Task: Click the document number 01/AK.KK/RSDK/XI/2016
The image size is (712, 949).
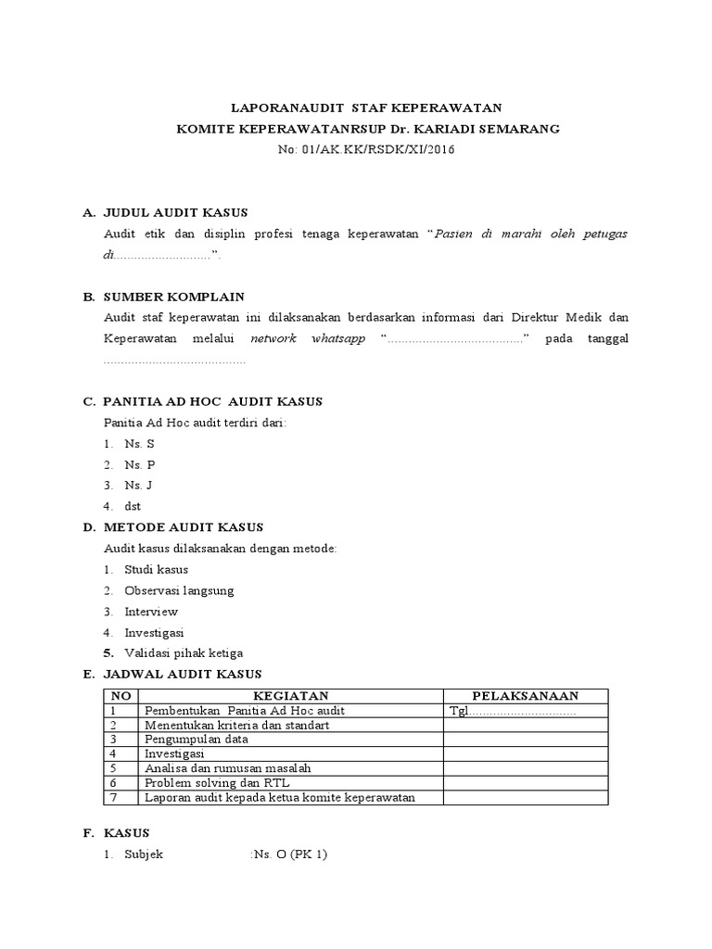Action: tap(380, 149)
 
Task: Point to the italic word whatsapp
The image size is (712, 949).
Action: tap(338, 338)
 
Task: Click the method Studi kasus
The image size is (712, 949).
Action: tap(156, 569)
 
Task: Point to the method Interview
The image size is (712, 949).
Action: tap(151, 612)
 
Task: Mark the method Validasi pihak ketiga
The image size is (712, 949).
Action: tap(184, 652)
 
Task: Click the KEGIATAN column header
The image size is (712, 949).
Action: tap(291, 696)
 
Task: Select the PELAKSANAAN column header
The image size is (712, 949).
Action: tap(526, 696)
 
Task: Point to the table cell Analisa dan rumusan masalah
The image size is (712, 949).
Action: tap(228, 768)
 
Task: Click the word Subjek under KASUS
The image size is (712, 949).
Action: tap(144, 854)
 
